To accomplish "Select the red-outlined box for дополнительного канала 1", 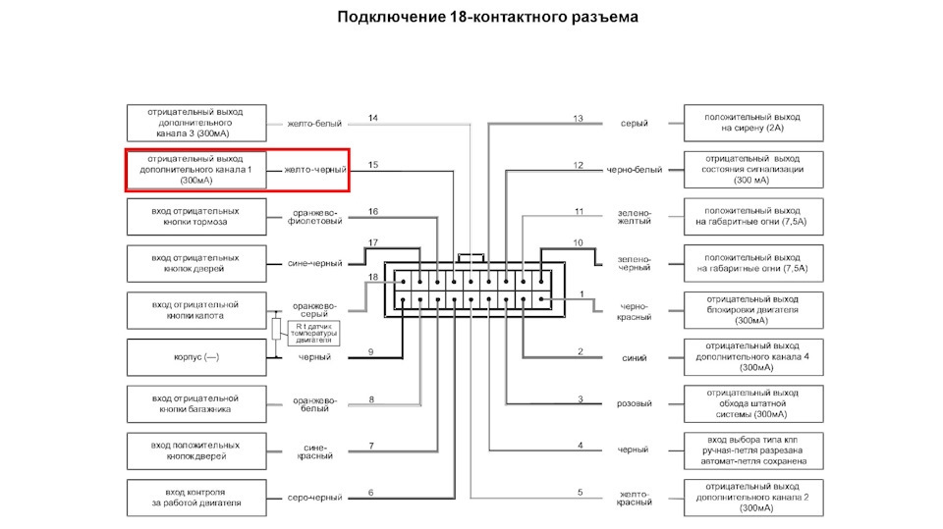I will click(x=195, y=170).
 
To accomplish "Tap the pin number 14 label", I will click(x=372, y=119).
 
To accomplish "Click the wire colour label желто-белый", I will click(x=314, y=124).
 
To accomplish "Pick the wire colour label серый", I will click(x=634, y=124).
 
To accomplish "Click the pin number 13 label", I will click(x=579, y=119).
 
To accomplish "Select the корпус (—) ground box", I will click(x=195, y=357).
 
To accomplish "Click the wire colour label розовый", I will click(x=634, y=404).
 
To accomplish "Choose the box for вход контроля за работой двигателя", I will click(x=195, y=498).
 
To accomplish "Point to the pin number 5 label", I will click(x=580, y=493).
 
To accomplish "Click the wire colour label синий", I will click(x=634, y=357).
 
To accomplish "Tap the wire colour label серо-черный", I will click(x=314, y=498).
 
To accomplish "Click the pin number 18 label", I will click(x=372, y=278).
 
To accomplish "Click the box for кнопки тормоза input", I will click(x=195, y=217).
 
